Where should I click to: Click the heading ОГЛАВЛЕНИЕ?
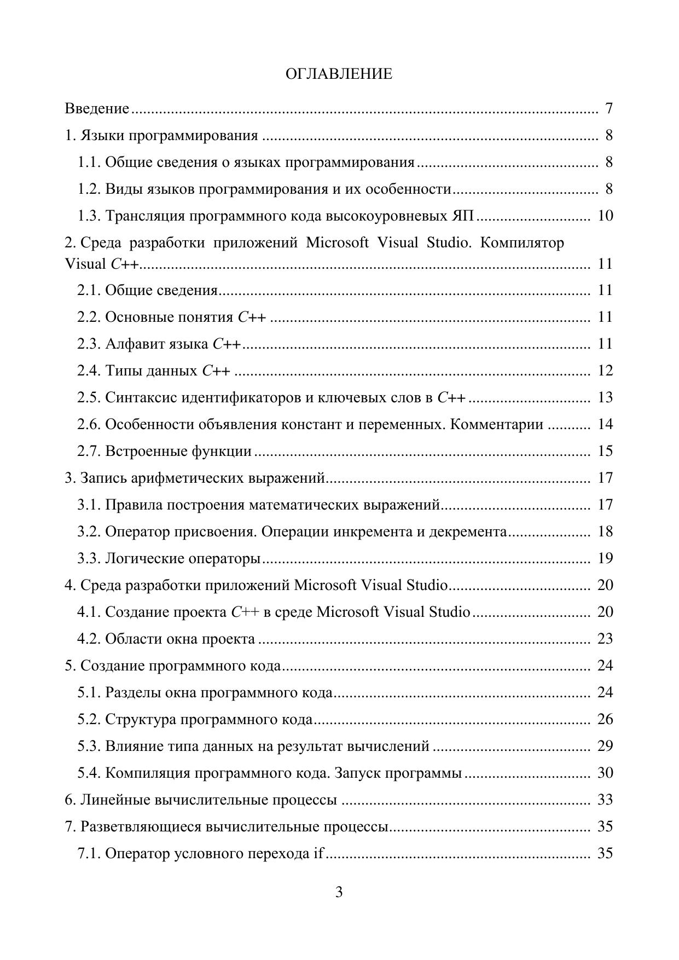[x=339, y=74]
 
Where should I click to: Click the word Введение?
[x=97, y=108]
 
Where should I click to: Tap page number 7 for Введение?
[x=608, y=108]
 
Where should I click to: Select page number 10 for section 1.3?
[x=605, y=216]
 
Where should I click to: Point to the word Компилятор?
[x=521, y=242]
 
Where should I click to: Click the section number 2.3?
[x=89, y=344]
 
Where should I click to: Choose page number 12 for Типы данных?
[x=605, y=371]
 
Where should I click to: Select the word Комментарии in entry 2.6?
[x=496, y=425]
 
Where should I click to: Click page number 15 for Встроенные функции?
[x=605, y=452]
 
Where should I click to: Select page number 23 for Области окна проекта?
[x=605, y=639]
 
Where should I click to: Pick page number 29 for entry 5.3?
[x=605, y=747]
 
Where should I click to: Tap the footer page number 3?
[x=339, y=893]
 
